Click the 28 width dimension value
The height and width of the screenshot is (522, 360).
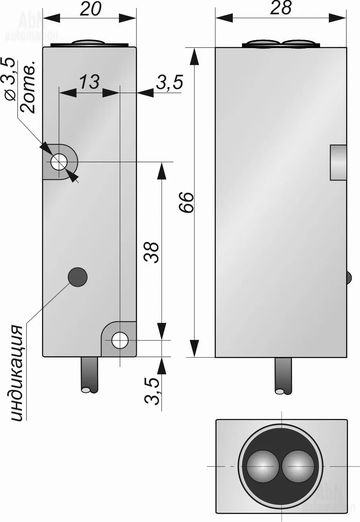pos(281,8)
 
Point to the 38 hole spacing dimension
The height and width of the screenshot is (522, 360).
pos(152,252)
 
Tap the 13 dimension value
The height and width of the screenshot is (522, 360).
pos(89,82)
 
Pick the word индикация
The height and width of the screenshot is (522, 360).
pos(17,373)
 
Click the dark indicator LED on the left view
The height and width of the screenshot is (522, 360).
pos(77,276)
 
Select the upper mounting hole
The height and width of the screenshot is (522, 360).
pos(59,162)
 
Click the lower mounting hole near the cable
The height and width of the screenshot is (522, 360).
pos(120,341)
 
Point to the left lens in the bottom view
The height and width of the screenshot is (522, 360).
pos(261,466)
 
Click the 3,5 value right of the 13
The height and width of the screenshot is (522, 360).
pos(169,83)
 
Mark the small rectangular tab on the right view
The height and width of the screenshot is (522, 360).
pos(338,162)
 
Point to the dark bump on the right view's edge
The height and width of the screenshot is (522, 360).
pos(348,277)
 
